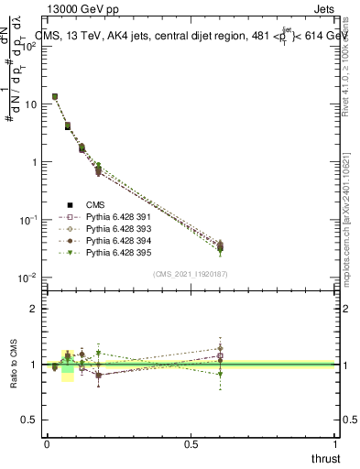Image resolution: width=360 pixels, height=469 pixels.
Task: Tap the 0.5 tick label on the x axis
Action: coord(191,443)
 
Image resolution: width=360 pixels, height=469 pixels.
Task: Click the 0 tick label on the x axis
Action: coord(47,443)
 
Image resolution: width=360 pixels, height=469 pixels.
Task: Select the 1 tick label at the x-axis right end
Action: coord(335,443)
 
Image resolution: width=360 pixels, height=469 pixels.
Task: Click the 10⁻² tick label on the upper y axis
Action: coord(29,278)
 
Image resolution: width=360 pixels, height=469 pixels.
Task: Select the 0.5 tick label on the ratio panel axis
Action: coord(29,420)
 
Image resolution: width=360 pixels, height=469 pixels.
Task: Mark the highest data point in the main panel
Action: coord(55,96)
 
